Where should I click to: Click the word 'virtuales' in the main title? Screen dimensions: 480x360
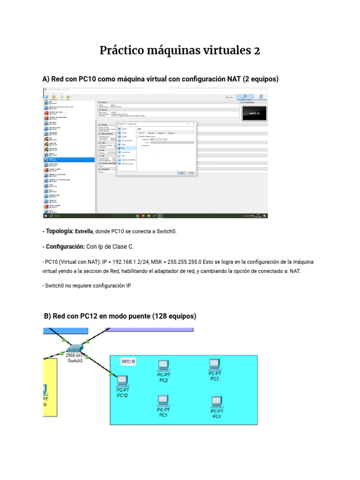pos(222,51)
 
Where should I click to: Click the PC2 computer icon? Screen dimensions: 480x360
pos(163,365)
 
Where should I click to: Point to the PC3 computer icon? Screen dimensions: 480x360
pos(214,364)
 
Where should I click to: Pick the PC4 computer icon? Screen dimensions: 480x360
pos(216,402)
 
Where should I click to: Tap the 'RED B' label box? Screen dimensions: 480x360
pos(128,361)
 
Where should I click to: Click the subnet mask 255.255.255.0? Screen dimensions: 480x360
pos(181,262)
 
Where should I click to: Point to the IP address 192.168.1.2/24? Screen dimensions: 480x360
pos(118,262)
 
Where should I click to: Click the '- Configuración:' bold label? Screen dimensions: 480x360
pos(63,247)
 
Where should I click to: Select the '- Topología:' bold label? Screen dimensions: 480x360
pos(58,231)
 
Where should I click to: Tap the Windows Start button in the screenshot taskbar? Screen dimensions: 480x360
pos(45,216)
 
